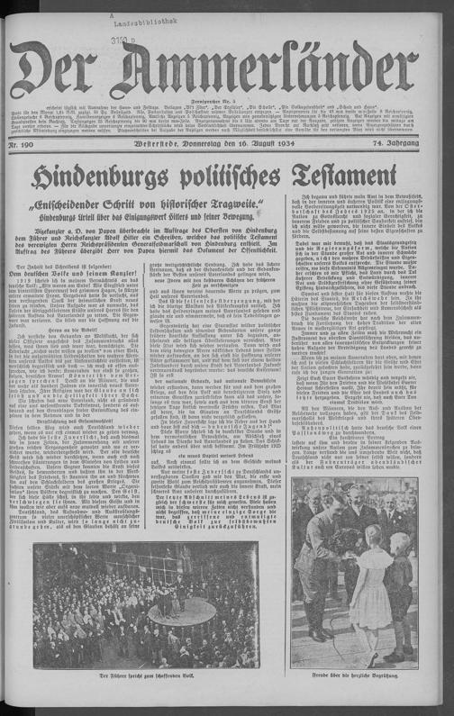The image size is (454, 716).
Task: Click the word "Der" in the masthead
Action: click(x=57, y=68)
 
